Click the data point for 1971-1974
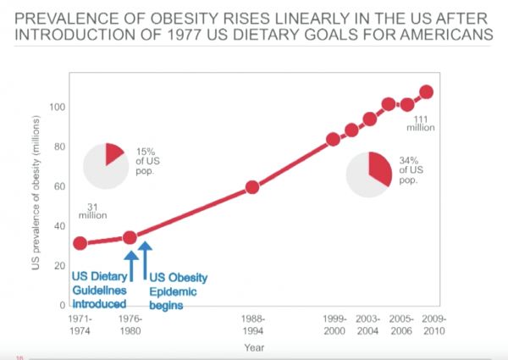coord(80,243)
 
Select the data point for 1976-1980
coord(130,238)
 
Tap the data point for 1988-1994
coord(251,187)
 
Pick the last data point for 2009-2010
coord(427,92)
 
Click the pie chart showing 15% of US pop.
coord(105,164)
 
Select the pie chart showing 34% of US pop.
coord(370,174)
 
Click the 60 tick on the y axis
coord(61,186)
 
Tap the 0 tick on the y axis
coord(63,305)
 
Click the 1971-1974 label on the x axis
coord(80,323)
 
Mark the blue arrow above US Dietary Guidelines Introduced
coord(131,257)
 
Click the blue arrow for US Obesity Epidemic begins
coord(146,255)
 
